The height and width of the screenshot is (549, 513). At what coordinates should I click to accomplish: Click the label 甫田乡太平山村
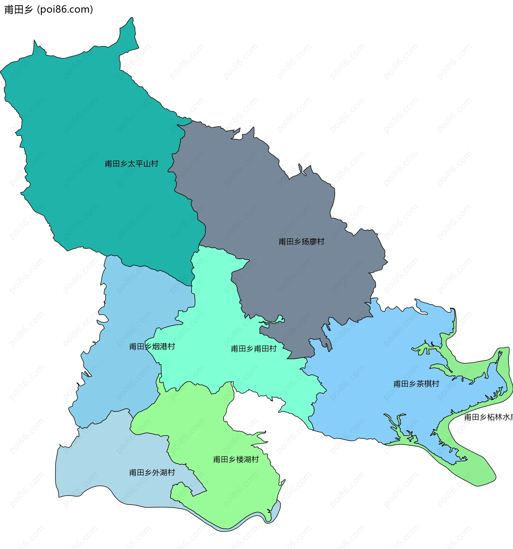[131, 164]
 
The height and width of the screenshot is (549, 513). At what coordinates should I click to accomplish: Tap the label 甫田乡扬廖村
[301, 242]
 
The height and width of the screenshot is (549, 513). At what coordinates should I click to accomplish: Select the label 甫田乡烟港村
[152, 346]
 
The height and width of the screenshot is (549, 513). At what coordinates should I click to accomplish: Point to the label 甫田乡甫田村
[254, 349]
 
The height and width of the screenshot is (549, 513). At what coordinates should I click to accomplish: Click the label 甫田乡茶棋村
[416, 384]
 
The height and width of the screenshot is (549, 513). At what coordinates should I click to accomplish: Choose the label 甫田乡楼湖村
[236, 459]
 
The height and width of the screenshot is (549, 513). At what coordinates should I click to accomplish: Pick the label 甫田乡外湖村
[152, 472]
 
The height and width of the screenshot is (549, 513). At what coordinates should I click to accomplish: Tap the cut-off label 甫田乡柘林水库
[488, 417]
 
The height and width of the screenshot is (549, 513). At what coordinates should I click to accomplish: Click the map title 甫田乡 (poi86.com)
[49, 9]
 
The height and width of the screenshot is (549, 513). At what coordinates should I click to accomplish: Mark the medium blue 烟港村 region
[124, 318]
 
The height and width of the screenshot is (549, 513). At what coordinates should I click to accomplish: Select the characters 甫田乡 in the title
[18, 9]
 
